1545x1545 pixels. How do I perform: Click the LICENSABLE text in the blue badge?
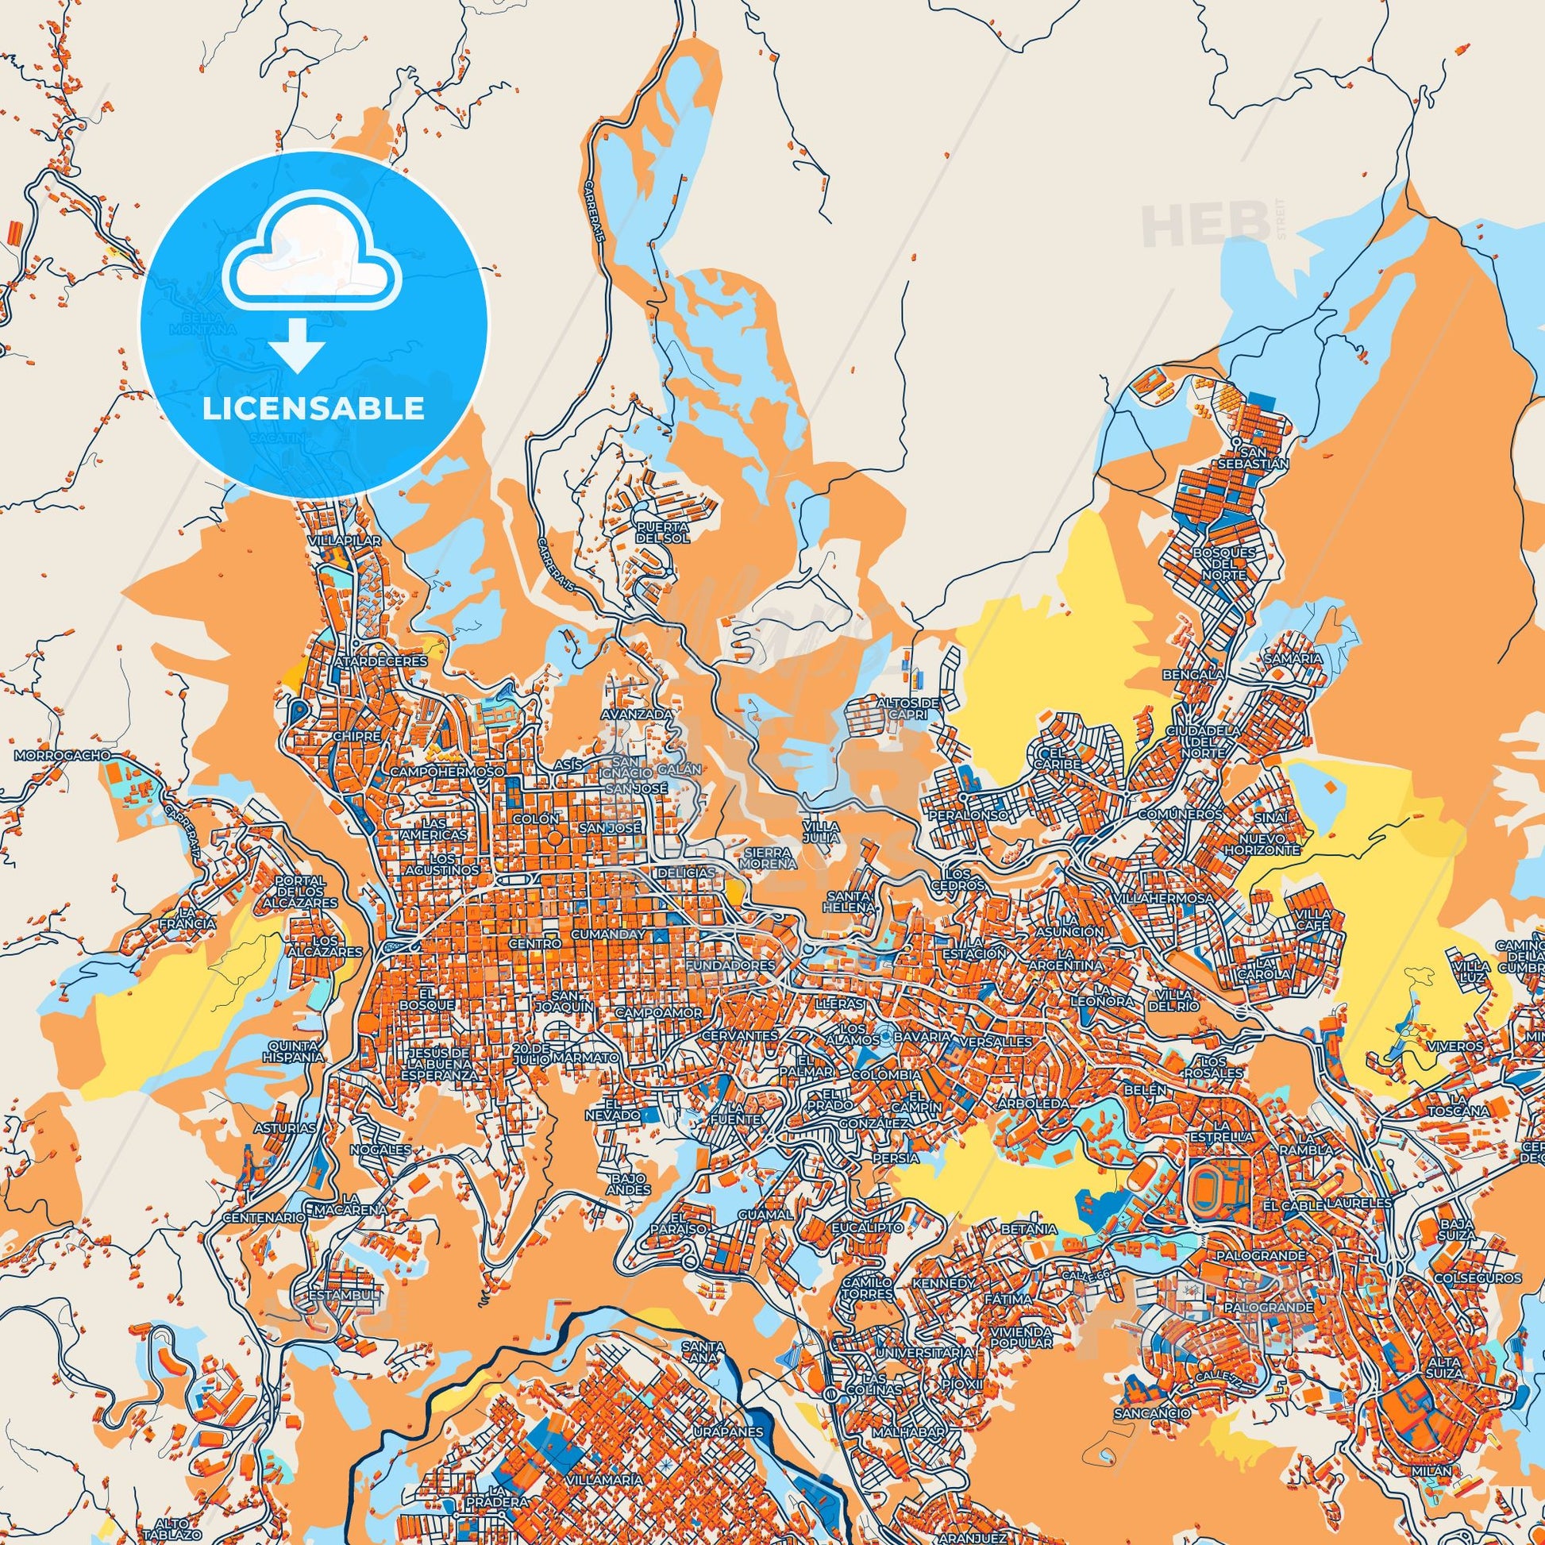(314, 409)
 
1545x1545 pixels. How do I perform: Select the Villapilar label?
(346, 541)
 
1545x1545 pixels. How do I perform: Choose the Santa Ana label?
(703, 1351)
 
